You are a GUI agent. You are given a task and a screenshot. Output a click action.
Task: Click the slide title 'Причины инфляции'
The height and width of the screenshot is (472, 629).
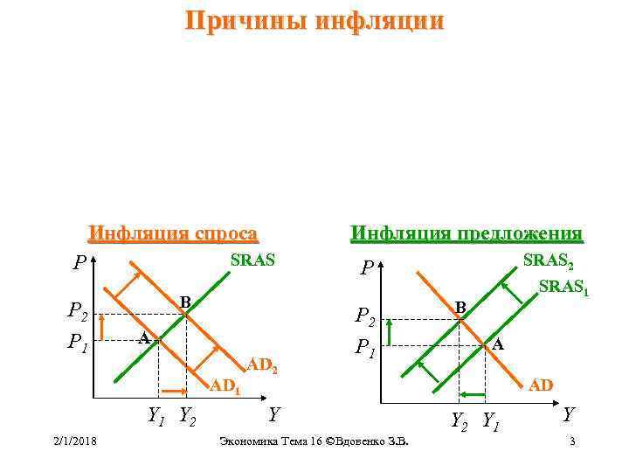(x=314, y=20)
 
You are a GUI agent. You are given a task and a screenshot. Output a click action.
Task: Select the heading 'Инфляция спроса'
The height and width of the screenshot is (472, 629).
(x=173, y=233)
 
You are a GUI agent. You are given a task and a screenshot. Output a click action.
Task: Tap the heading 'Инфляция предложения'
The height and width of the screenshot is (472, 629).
(x=466, y=233)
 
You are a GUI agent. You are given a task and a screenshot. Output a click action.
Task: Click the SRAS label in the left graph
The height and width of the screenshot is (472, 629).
(x=252, y=260)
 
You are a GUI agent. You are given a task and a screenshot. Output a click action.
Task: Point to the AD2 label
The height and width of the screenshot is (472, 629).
(x=262, y=364)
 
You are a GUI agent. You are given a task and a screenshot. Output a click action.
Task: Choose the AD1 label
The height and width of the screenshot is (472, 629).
(x=225, y=385)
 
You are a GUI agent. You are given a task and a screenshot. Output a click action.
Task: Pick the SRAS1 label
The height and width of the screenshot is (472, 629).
(x=563, y=288)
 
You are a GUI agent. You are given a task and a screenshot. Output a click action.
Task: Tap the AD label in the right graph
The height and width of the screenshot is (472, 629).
(x=542, y=385)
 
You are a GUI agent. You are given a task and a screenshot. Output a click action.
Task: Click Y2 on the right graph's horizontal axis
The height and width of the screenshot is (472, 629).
(x=459, y=421)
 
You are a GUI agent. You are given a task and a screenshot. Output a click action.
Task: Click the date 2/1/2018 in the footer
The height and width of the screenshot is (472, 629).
(x=73, y=440)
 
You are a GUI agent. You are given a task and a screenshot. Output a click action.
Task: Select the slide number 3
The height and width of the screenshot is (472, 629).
(x=571, y=440)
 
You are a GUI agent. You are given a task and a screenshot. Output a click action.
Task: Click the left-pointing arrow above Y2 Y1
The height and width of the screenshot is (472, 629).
(x=473, y=395)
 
